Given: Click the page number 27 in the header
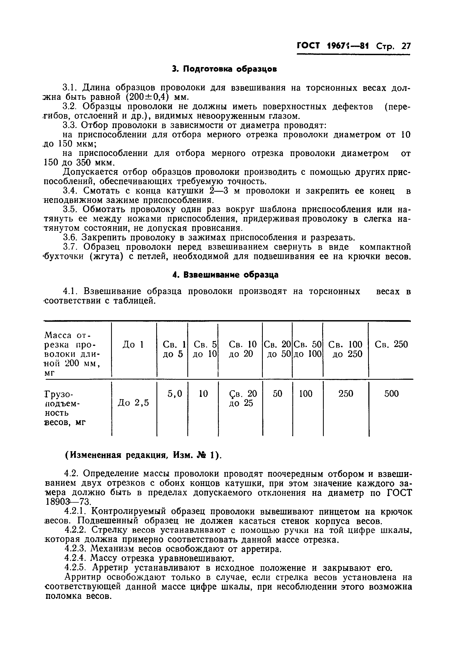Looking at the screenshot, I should coord(406,46).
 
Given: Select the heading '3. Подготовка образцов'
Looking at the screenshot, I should coord(224,69).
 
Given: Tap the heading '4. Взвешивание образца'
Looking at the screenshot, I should coord(225,275).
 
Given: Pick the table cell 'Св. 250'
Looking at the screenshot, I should coord(391,344).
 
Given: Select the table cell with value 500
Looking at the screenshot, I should coord(391,393).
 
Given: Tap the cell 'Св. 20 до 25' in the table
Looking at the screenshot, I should coord(243,398).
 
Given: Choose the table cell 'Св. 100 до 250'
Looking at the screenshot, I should coord(345,349).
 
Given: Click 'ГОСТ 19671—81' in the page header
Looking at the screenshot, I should coord(333,46).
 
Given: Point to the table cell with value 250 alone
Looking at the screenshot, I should coord(345,393).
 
